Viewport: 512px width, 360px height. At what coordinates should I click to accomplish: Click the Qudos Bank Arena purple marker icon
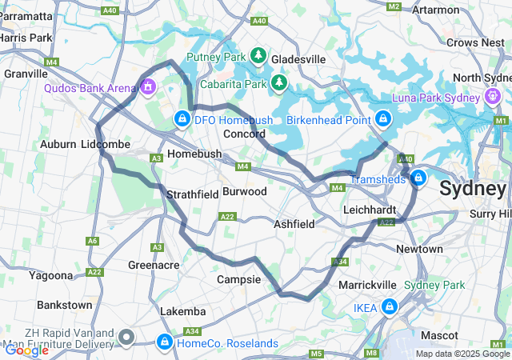[148, 86]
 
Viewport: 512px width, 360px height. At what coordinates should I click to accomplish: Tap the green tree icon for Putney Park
[258, 55]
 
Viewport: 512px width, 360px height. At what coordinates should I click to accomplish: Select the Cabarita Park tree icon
[278, 82]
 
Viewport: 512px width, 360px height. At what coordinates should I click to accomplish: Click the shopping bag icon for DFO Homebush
[182, 119]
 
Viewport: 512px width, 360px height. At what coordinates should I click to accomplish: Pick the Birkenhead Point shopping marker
[383, 119]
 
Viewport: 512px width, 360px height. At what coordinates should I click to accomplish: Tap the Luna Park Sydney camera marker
[492, 98]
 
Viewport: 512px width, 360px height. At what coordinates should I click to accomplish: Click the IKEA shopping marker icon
[390, 306]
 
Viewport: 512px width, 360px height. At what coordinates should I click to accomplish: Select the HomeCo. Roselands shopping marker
[165, 342]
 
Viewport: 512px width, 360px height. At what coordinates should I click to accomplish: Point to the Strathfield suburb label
[192, 194]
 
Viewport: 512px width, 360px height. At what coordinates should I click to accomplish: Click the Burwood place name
[244, 192]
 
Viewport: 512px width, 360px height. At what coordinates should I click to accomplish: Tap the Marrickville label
[367, 285]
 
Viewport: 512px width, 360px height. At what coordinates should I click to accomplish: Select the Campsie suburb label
[238, 280]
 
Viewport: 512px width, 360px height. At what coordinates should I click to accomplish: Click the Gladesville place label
[298, 59]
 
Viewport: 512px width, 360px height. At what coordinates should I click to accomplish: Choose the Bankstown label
[64, 305]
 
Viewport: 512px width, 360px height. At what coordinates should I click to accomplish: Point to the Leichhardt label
[370, 209]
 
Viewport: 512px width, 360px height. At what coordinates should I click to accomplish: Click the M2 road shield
[393, 6]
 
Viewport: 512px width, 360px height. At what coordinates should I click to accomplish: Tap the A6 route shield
[93, 240]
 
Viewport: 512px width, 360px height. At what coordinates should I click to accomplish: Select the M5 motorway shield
[316, 353]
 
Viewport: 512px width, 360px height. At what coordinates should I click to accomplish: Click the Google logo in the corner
[26, 350]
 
